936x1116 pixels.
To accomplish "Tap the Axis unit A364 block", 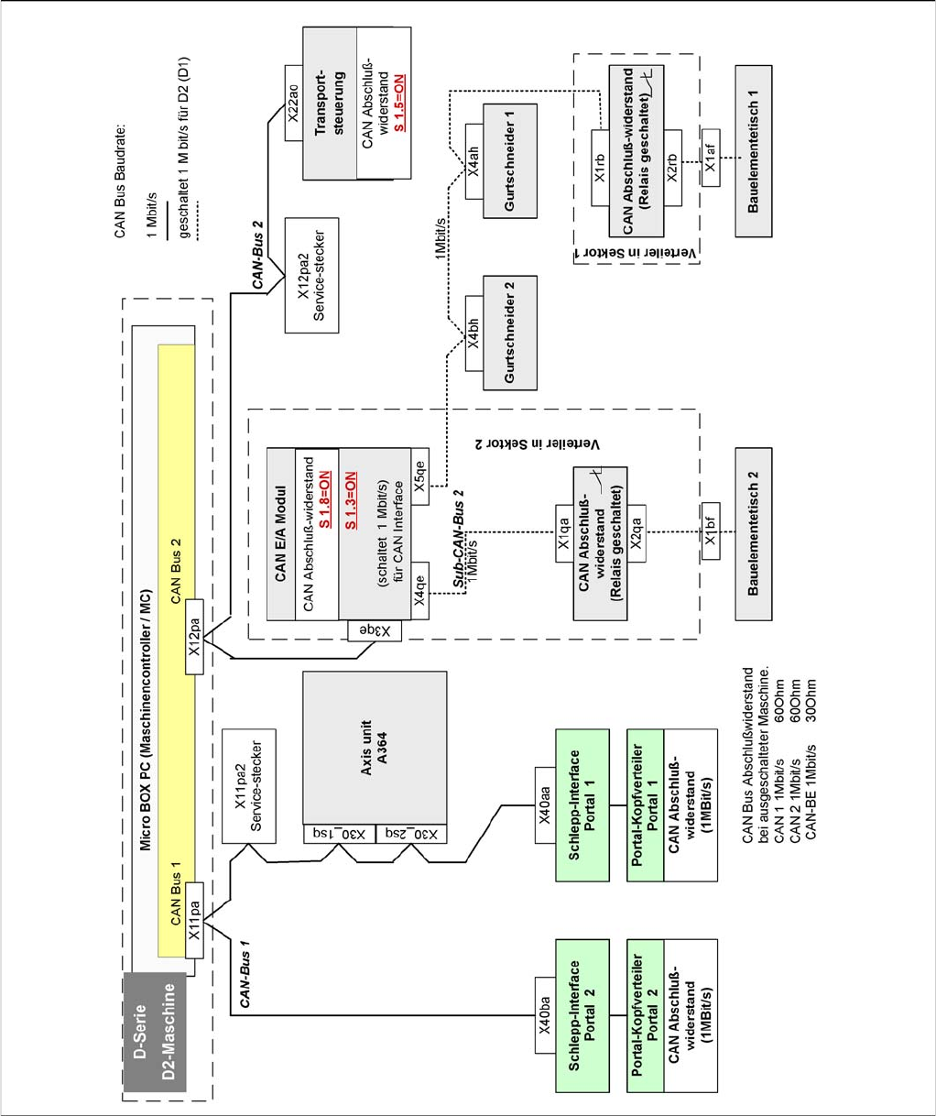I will coord(375,748).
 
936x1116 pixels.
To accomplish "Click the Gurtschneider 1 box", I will coord(510,160).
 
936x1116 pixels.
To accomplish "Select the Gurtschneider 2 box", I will coord(510,331).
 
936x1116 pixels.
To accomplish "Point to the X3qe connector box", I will coord(375,630).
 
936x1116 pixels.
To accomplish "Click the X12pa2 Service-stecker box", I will coord(311,275).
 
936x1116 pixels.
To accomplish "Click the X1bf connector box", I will coord(711,530).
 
